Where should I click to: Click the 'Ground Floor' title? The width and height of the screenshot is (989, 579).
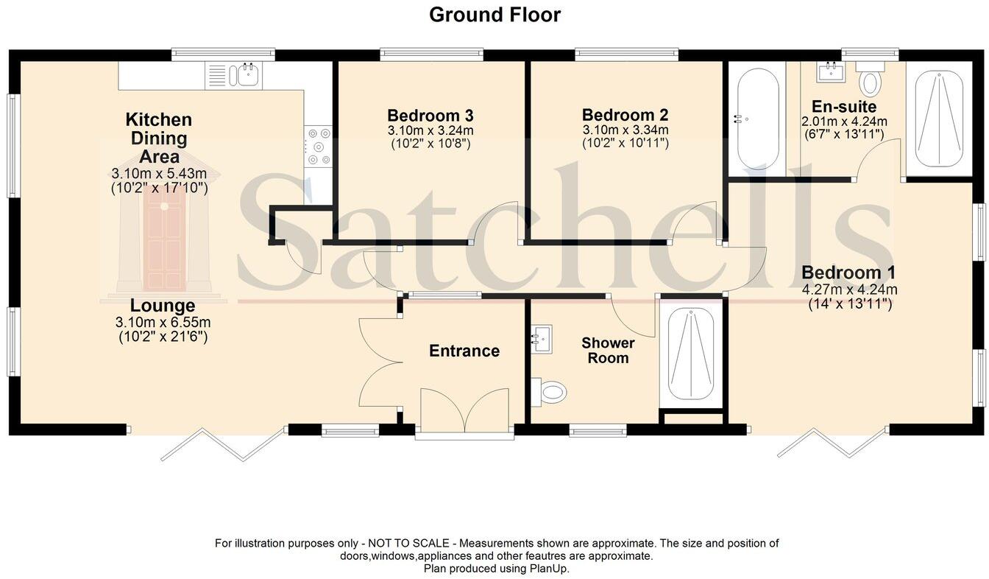[494, 15]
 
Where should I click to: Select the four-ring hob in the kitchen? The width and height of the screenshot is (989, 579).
[319, 147]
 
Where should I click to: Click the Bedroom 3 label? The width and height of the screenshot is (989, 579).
[430, 116]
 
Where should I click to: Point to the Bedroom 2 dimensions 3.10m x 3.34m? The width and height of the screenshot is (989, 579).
[625, 130]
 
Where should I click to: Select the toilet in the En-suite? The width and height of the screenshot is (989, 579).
[871, 80]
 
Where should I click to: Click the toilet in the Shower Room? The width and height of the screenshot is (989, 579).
[550, 391]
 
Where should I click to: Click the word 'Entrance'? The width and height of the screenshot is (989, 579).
[464, 351]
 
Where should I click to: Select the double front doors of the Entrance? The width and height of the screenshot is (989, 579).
[464, 413]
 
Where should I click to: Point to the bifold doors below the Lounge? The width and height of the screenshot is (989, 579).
[224, 444]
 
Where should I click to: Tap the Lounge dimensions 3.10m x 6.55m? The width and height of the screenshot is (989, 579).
[163, 323]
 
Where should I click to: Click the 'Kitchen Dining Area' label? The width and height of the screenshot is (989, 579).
[159, 138]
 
